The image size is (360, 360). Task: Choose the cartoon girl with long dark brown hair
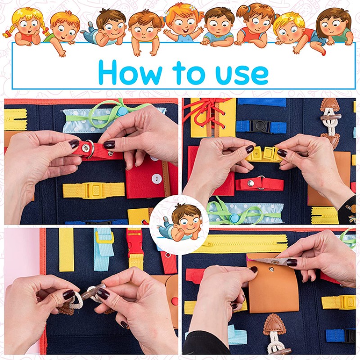point(333,27)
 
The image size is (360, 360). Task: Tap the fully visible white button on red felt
point(156,178)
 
